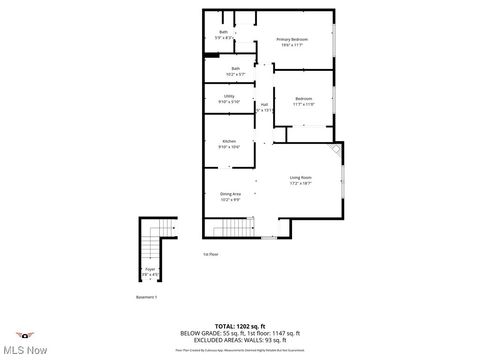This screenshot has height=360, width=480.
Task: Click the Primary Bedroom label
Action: point(292,40)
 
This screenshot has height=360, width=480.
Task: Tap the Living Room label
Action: point(301,177)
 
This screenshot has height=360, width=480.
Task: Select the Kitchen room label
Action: point(229,141)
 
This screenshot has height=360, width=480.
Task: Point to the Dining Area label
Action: point(231,193)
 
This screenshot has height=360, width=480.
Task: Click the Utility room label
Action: point(229,95)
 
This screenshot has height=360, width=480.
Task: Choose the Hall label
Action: point(264,104)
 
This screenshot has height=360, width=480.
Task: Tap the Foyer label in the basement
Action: point(151,269)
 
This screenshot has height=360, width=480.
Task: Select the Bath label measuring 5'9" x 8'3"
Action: point(224,32)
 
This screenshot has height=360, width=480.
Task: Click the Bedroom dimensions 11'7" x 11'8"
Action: point(303,104)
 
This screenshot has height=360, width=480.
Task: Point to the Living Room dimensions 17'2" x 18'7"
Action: point(301,183)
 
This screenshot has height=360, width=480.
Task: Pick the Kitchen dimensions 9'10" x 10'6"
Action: point(229,147)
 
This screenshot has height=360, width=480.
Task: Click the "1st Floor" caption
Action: point(210,254)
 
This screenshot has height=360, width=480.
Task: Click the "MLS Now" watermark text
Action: point(27,348)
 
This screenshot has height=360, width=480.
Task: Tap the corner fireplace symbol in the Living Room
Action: point(336,152)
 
